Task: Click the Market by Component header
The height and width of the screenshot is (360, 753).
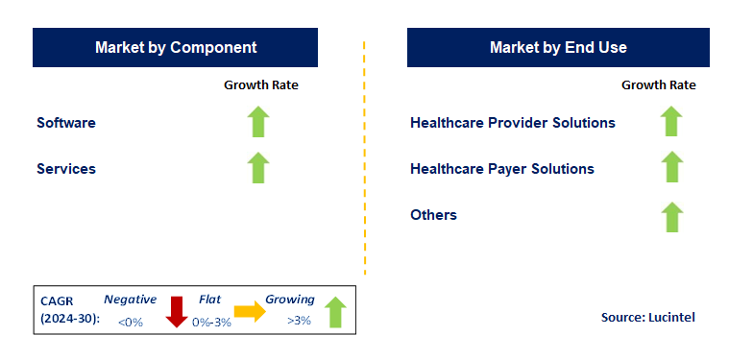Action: click(176, 47)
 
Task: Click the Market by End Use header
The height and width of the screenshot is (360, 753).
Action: click(558, 47)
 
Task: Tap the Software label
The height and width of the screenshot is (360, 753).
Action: click(66, 123)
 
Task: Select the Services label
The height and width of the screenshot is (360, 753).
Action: click(66, 169)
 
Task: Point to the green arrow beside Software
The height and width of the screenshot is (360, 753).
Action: click(258, 122)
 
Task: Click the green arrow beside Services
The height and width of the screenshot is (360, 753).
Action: click(258, 167)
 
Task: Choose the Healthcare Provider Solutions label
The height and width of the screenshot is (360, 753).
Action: click(512, 123)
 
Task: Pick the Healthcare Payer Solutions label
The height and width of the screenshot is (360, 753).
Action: click(501, 169)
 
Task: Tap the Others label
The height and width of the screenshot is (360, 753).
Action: click(433, 214)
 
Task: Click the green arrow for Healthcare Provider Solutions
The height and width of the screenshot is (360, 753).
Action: click(671, 122)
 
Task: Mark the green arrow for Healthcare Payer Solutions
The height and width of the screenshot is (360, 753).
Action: click(671, 167)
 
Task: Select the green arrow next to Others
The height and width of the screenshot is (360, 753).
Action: click(671, 216)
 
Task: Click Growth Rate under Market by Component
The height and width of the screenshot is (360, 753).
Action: click(261, 84)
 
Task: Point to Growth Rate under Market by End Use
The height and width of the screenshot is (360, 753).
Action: click(659, 84)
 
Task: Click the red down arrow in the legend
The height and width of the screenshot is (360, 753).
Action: click(177, 310)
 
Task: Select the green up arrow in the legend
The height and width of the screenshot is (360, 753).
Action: click(335, 311)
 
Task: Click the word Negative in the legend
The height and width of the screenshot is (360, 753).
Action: click(130, 300)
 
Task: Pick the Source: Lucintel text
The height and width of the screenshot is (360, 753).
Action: click(648, 317)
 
